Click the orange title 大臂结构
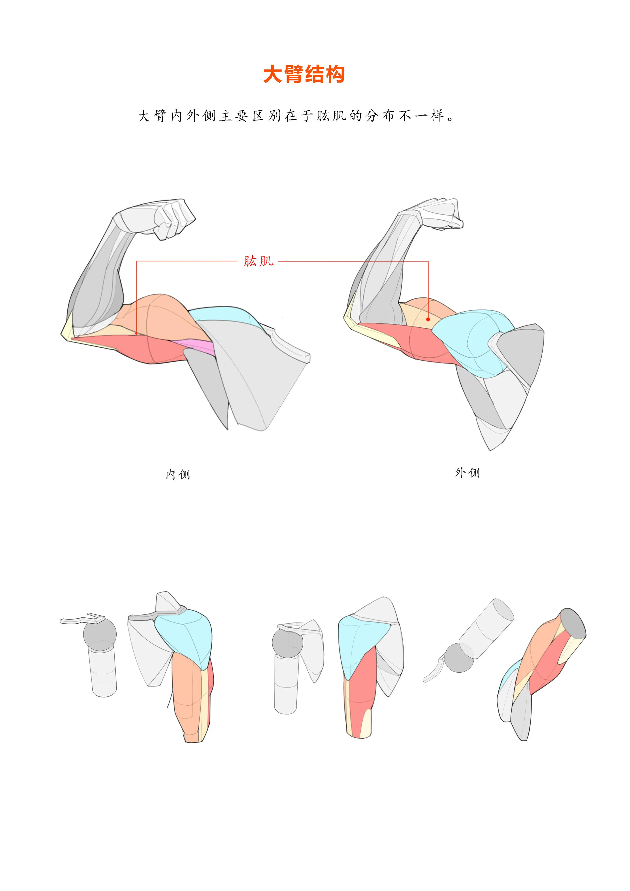point(304,74)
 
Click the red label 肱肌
point(259,261)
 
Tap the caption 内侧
point(178,474)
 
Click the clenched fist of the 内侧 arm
point(175,219)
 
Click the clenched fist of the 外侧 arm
point(443,214)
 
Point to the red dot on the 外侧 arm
point(428,319)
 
